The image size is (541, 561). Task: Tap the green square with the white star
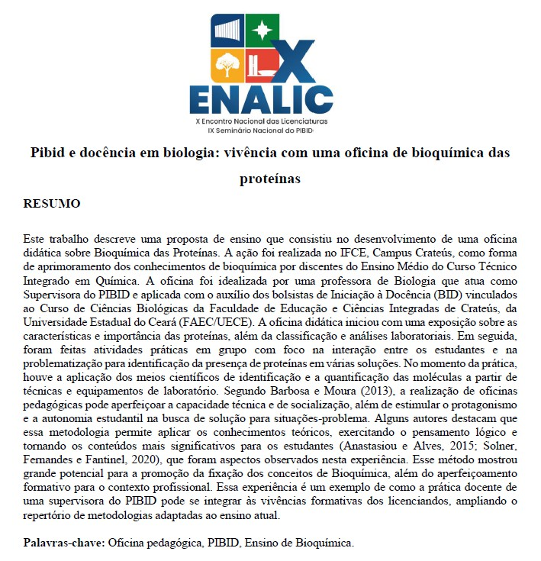point(262,31)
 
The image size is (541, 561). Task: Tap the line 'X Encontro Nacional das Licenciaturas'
point(262,121)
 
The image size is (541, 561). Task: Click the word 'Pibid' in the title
point(47,153)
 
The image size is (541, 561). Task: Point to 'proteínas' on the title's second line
point(270,179)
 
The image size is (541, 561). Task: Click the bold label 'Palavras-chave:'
point(64,542)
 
